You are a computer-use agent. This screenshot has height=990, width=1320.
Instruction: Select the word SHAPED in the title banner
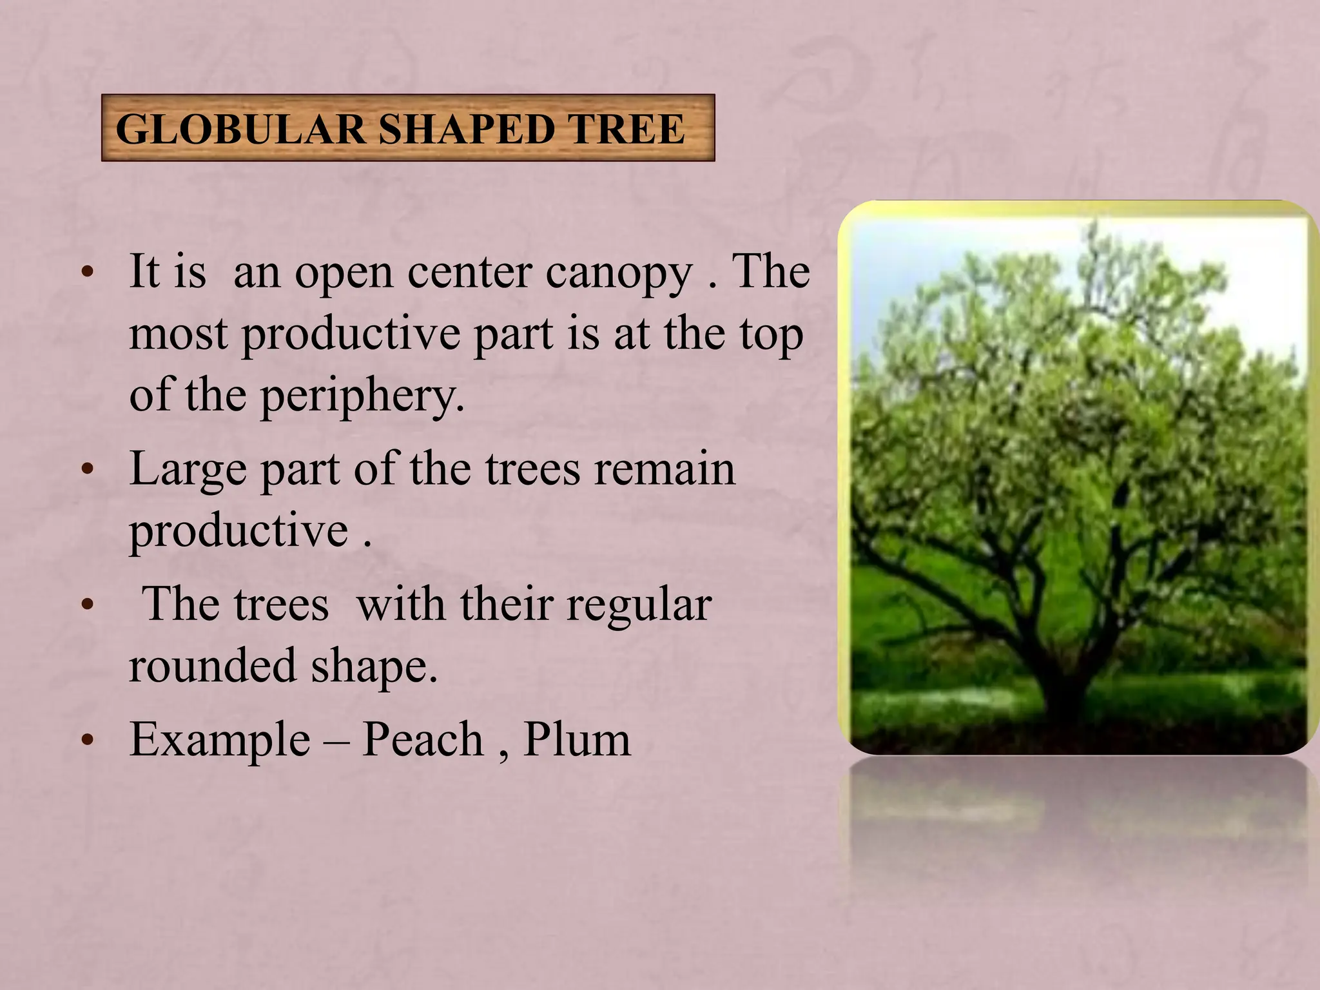[x=466, y=129]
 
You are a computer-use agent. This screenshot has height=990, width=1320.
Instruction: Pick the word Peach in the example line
[x=422, y=739]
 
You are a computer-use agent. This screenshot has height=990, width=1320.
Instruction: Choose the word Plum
[x=577, y=739]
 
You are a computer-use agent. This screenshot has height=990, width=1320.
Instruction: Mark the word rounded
[x=213, y=665]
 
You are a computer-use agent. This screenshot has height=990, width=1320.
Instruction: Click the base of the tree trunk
[x=1063, y=712]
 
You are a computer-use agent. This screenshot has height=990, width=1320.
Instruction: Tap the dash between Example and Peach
[x=336, y=741]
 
